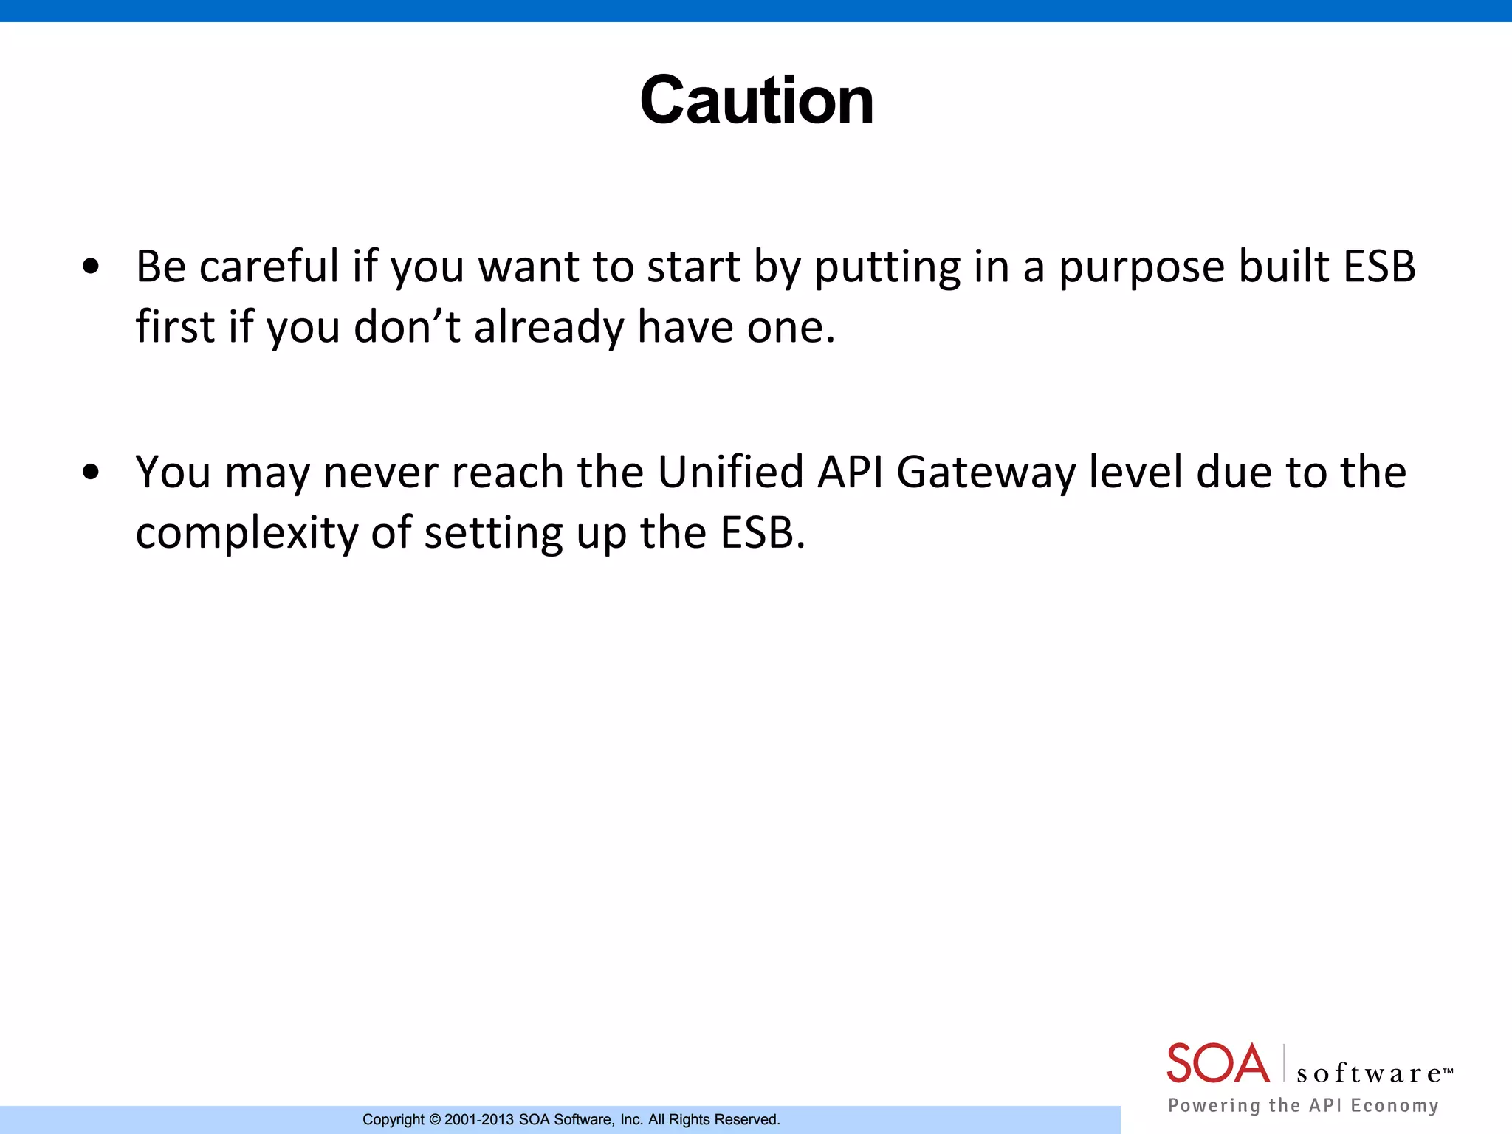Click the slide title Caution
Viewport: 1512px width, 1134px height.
click(x=757, y=100)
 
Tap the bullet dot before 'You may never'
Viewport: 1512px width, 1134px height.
click(x=91, y=472)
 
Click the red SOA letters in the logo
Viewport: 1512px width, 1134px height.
click(x=1217, y=1063)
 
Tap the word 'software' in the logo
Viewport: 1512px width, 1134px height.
click(x=1370, y=1073)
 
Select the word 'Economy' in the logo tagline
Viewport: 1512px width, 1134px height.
click(x=1395, y=1106)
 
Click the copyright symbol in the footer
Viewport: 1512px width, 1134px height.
click(x=435, y=1120)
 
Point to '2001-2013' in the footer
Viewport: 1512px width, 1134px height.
click(x=478, y=1120)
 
